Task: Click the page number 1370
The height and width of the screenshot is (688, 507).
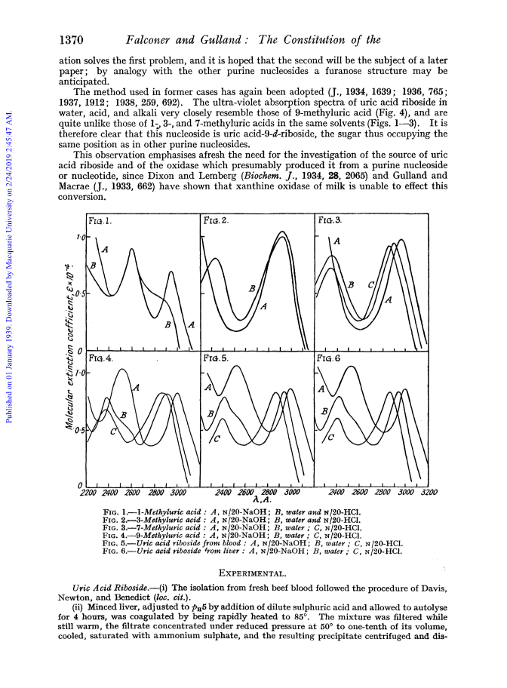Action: click(x=71, y=40)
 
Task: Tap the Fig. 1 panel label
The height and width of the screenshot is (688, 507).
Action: click(x=100, y=221)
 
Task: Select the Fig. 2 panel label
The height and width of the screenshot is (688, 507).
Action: click(x=216, y=220)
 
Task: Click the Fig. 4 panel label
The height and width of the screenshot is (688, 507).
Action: click(x=100, y=358)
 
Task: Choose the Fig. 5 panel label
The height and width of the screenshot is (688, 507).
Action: click(x=216, y=358)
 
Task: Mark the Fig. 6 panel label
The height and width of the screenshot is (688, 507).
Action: click(x=328, y=358)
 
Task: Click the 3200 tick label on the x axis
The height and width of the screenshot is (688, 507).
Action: click(x=429, y=492)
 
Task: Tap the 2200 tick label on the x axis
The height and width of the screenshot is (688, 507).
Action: click(x=88, y=493)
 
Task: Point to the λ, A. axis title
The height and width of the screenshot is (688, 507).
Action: click(x=263, y=499)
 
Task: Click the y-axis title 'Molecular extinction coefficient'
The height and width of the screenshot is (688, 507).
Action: click(x=69, y=346)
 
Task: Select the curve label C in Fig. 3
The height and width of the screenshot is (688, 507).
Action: click(x=371, y=284)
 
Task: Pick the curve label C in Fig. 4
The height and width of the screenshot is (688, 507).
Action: click(x=113, y=432)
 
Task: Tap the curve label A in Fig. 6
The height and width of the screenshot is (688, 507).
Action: click(x=321, y=389)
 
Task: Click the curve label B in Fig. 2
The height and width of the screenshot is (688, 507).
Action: click(x=252, y=288)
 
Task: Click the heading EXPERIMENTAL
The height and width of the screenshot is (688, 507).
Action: click(x=253, y=573)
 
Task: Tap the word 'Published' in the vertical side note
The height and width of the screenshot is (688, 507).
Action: click(x=8, y=407)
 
